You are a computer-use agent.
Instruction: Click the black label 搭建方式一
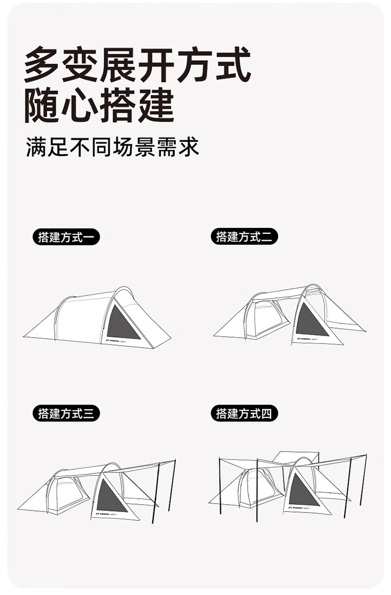pyautogui.click(x=66, y=237)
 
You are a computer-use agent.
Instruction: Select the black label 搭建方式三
pyautogui.click(x=66, y=413)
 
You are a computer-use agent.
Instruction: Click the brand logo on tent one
pyautogui.click(x=114, y=341)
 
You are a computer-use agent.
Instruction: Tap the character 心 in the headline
pyautogui.click(x=80, y=106)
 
